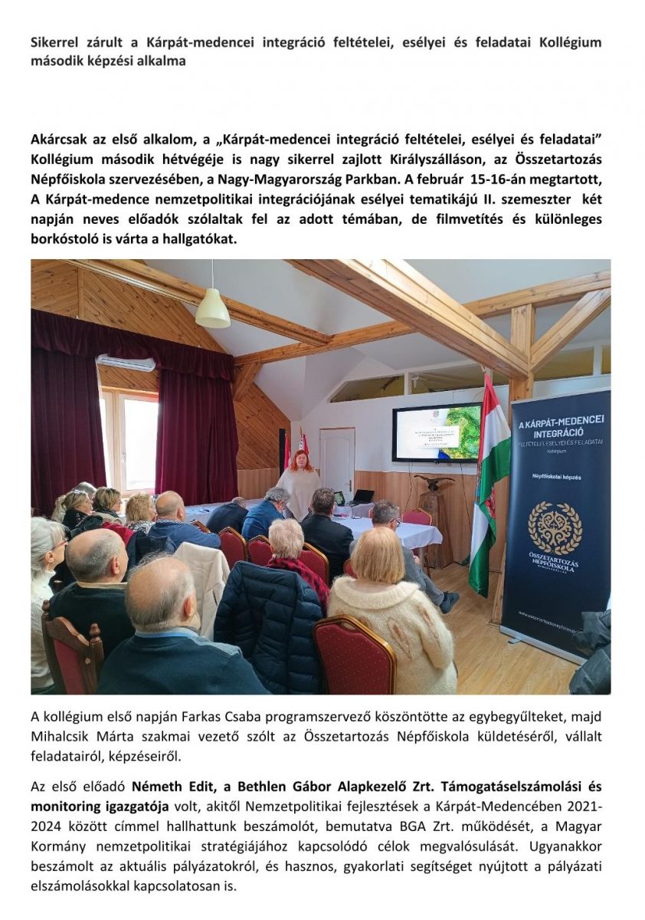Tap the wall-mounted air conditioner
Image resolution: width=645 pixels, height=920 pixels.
[126, 363]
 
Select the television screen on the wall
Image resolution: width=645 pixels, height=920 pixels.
[437, 432]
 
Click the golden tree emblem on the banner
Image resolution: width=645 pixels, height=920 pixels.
[555, 528]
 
